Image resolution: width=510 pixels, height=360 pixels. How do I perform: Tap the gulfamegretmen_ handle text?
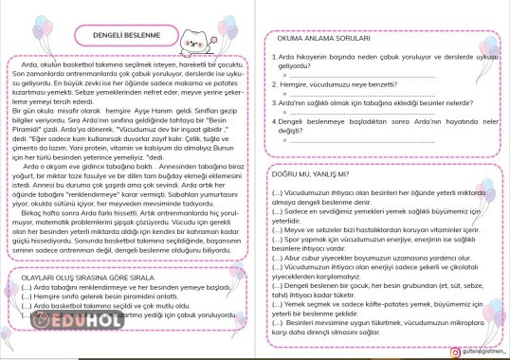pyautogui.click(x=474, y=350)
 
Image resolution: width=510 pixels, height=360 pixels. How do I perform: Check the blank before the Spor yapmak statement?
pyautogui.click(x=277, y=240)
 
